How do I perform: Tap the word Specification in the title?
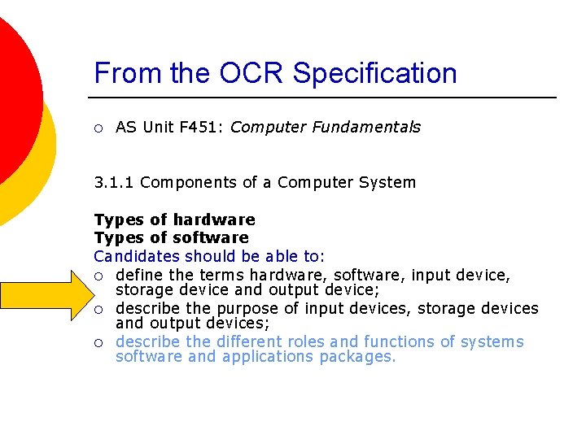click(375, 73)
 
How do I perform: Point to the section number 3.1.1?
click(114, 182)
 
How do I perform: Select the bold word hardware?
click(214, 219)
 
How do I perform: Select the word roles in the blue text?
click(303, 341)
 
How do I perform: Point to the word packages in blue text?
click(357, 357)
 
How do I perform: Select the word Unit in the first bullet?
click(157, 127)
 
